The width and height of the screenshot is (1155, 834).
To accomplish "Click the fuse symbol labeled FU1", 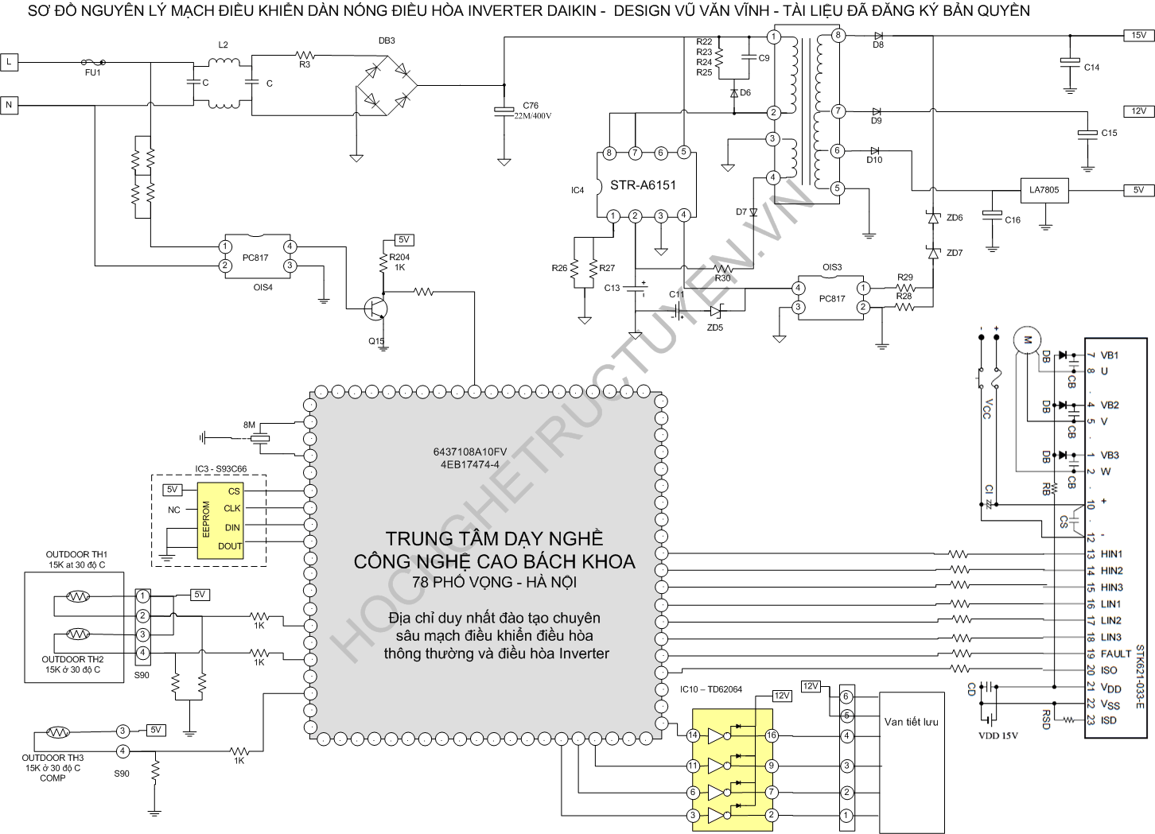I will click(x=94, y=61).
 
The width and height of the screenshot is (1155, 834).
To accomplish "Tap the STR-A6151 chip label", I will click(x=643, y=185).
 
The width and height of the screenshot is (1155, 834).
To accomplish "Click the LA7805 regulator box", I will click(x=1044, y=190).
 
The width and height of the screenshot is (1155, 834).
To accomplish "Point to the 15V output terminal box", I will click(x=1138, y=35).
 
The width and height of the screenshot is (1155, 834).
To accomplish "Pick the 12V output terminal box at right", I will click(x=1138, y=111).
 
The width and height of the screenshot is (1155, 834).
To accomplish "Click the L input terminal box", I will click(x=9, y=61).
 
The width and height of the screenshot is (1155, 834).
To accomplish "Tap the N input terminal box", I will click(x=9, y=104).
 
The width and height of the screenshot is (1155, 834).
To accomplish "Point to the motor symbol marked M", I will click(x=1027, y=340).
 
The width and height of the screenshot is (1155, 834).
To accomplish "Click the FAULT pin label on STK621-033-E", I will click(x=1115, y=654).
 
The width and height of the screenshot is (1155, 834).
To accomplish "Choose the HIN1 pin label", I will click(x=1111, y=554).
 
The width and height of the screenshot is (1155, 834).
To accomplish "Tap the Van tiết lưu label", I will click(x=911, y=722).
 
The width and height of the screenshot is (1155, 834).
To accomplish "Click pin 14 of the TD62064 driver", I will click(x=693, y=735).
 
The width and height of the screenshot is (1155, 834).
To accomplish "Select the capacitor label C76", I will click(x=531, y=105).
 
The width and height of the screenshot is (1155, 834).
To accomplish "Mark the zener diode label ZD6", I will click(x=955, y=218).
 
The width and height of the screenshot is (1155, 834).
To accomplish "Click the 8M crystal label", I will click(x=250, y=425).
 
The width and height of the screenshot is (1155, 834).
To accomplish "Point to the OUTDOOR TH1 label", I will click(x=76, y=555).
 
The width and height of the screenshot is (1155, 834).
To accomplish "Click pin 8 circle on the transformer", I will click(x=838, y=35).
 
